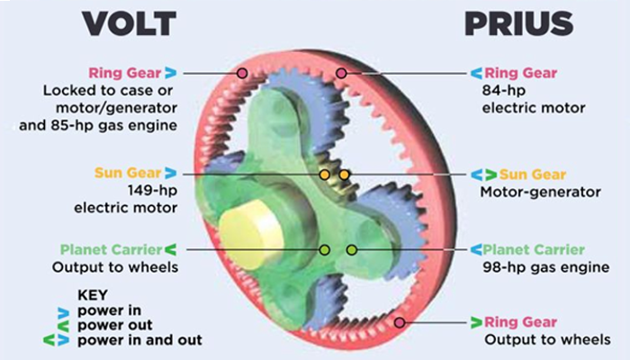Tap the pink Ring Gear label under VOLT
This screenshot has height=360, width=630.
[x=124, y=73]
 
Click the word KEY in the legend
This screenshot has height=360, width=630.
[x=94, y=294]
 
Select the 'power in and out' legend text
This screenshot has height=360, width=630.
[x=139, y=339]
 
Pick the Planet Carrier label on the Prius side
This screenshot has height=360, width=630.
[x=534, y=249]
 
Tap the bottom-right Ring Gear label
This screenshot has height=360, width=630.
[x=522, y=321]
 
